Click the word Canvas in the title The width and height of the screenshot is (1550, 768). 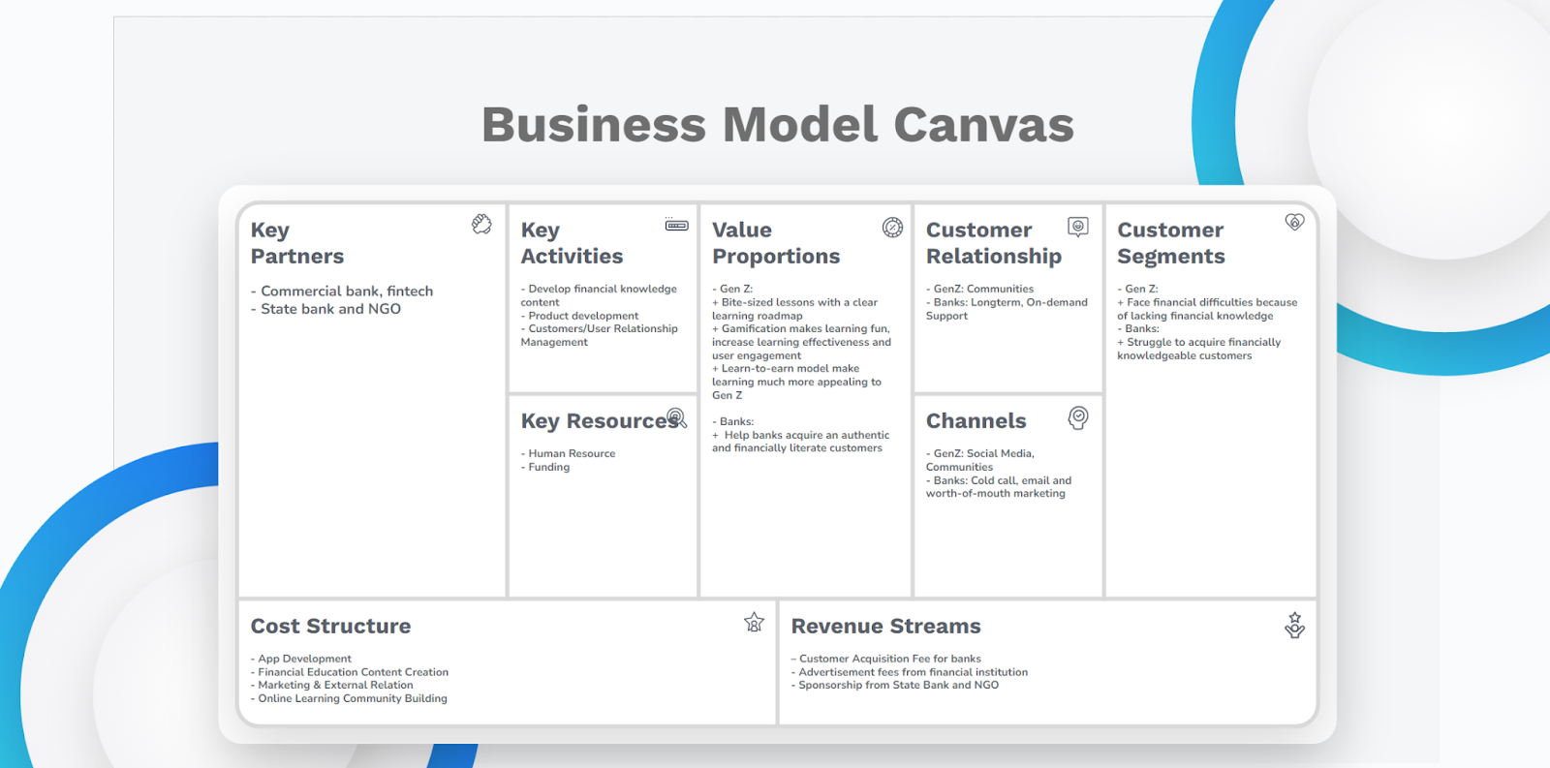tap(983, 125)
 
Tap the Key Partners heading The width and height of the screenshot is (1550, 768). tap(296, 243)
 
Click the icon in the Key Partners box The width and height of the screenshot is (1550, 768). tap(481, 224)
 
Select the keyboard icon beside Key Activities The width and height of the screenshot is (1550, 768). tap(676, 225)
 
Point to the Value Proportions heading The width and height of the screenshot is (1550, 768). tap(776, 243)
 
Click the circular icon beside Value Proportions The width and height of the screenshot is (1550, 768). tap(892, 227)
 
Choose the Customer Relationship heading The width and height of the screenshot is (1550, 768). tap(994, 243)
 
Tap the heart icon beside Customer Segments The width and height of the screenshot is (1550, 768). tap(1294, 222)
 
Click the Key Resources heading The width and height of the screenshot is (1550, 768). tap(600, 420)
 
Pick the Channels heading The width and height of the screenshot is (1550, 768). tap(976, 420)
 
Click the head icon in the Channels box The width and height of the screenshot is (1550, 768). tap(1078, 418)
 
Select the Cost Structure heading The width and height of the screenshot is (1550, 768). tap(330, 627)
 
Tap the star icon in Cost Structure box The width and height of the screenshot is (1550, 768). tap(755, 623)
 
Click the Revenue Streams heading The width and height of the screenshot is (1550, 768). tap(885, 627)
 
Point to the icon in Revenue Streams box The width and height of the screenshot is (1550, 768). tap(1294, 625)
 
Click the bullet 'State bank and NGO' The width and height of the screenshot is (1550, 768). tap(325, 309)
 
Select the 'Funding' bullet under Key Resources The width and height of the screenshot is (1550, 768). tap(545, 467)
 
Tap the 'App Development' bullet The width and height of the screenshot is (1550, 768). tap(301, 659)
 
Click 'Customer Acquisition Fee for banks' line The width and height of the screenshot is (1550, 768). tap(885, 659)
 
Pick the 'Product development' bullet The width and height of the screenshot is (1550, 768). tap(580, 316)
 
